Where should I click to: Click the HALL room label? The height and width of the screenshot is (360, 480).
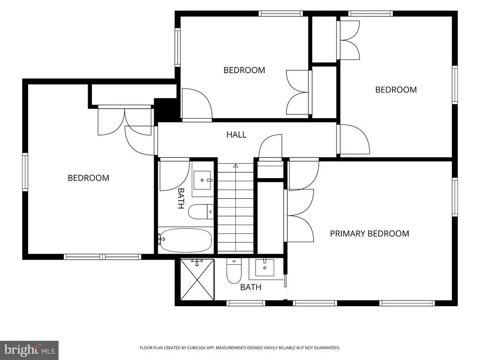tap(236, 135)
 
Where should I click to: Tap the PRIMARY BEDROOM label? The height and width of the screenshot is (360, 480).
tap(369, 233)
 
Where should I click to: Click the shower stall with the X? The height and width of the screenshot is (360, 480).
tap(197, 279)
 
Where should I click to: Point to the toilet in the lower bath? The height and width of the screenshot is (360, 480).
tap(234, 271)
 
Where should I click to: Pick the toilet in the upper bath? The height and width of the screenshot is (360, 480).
tap(201, 212)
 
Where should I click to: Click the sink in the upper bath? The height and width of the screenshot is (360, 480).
tap(202, 180)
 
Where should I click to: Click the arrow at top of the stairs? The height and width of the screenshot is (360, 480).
tap(235, 165)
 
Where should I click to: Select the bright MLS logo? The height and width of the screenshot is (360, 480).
tap(29, 350)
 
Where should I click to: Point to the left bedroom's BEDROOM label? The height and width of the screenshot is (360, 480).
tap(89, 178)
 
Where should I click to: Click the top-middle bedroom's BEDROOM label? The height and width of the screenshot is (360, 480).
tap(244, 70)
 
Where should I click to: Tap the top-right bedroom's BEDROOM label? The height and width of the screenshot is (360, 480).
tap(396, 90)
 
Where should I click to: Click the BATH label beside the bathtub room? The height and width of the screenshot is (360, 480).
tap(181, 198)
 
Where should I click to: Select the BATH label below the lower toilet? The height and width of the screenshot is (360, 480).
tap(251, 287)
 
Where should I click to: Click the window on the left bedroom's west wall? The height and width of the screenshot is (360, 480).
tap(25, 172)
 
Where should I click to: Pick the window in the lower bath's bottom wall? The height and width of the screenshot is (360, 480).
tap(246, 303)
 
